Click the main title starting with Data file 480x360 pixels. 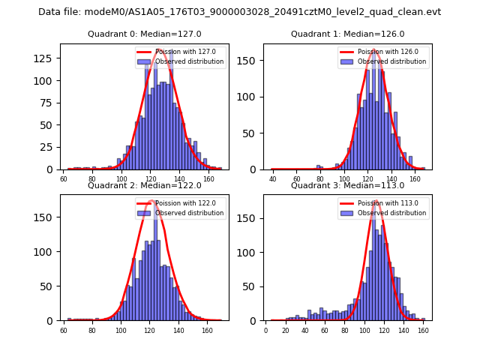pos(239,12)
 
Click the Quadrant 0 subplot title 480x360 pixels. pos(145,34)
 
